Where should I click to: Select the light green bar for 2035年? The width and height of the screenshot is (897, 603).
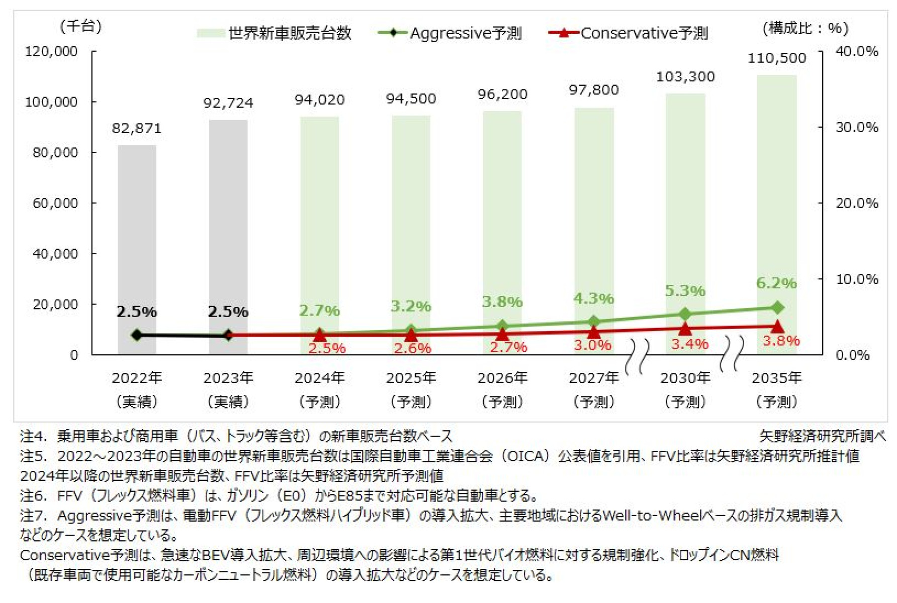coord(777,201)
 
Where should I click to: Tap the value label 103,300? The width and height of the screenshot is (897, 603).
coord(685,77)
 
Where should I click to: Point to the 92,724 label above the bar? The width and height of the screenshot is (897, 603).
coord(228,103)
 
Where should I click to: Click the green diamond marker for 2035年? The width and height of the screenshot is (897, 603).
coord(777,307)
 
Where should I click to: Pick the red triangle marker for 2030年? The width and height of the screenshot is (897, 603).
coord(685,329)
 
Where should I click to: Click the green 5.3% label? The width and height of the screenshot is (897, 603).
coord(685,291)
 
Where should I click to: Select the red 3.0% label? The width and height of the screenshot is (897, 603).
coord(592,345)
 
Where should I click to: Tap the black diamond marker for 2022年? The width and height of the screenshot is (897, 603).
coord(137,335)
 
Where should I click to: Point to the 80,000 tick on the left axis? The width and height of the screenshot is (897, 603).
coord(55,152)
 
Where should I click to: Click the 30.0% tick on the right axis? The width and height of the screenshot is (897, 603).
coord(857,127)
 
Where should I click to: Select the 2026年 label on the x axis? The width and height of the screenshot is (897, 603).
coord(502,378)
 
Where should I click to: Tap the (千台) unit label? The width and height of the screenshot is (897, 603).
coord(80,26)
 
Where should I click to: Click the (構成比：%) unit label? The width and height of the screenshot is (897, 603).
coord(805,28)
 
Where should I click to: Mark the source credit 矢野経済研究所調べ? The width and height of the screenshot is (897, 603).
coord(822,436)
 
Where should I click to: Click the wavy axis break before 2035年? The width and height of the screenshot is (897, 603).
coord(732,354)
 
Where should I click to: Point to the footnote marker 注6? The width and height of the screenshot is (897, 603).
coord(33,496)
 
